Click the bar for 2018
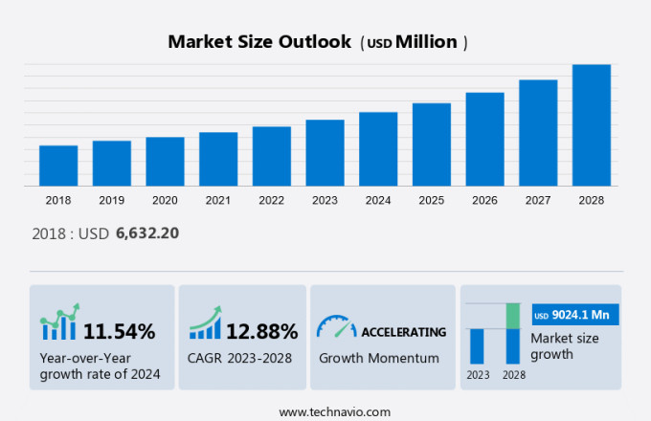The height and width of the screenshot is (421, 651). coord(58,166)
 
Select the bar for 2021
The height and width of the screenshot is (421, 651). coord(218,159)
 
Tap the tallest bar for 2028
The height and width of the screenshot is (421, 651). coord(592,125)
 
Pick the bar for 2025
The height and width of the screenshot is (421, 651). coord(432,144)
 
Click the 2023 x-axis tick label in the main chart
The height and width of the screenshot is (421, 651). coord(325,201)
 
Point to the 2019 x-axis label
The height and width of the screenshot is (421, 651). coord(111,201)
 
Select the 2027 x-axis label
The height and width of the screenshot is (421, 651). coord(538,201)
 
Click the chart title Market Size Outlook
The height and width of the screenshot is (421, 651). coord(258,42)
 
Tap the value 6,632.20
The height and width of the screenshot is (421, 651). coord(147,233)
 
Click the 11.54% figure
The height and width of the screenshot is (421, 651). coord(119,332)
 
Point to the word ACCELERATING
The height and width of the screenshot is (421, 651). coord(403,332)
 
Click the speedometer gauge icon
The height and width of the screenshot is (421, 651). coord(336,328)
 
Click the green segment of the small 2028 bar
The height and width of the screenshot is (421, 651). coord(512,316)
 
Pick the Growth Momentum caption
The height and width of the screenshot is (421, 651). coord(378,358)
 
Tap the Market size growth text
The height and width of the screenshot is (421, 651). coord(565,345)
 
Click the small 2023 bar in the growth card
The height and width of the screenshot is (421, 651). coord(477,345)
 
